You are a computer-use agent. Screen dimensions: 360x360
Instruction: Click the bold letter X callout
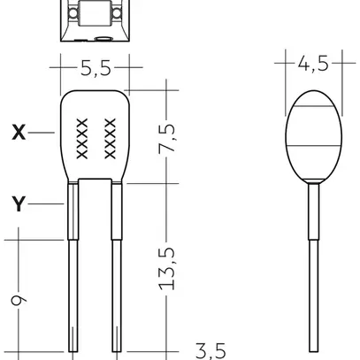19,133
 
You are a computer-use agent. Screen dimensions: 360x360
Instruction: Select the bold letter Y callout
19,204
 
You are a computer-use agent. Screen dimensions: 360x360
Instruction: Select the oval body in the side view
312,133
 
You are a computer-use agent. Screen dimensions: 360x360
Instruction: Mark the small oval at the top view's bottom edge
103,38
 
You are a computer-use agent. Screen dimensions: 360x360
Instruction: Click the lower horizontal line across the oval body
312,145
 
